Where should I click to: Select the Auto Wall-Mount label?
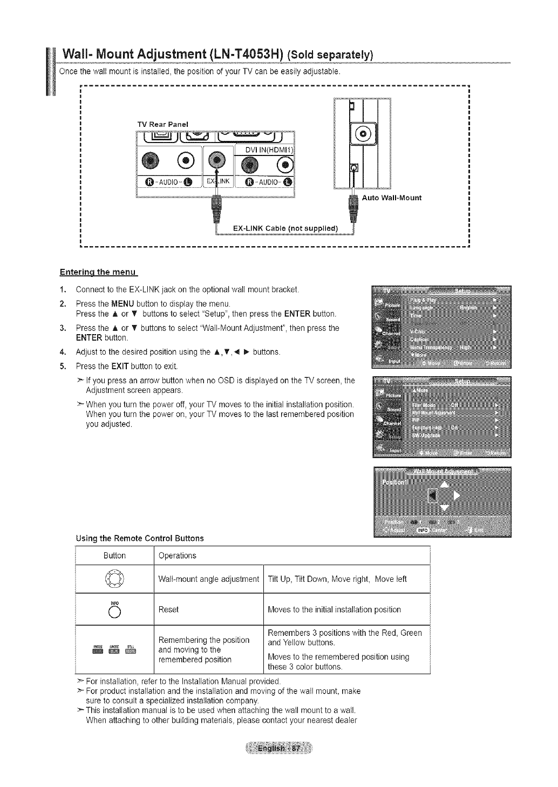point(391,198)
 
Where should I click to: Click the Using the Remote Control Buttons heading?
point(140,538)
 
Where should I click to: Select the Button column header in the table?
point(114,555)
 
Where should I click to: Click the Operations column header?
point(178,555)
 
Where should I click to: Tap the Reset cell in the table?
point(168,609)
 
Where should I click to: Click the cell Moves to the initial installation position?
point(335,609)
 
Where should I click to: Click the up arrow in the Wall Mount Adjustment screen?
point(444,483)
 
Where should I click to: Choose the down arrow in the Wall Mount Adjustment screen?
point(444,507)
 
